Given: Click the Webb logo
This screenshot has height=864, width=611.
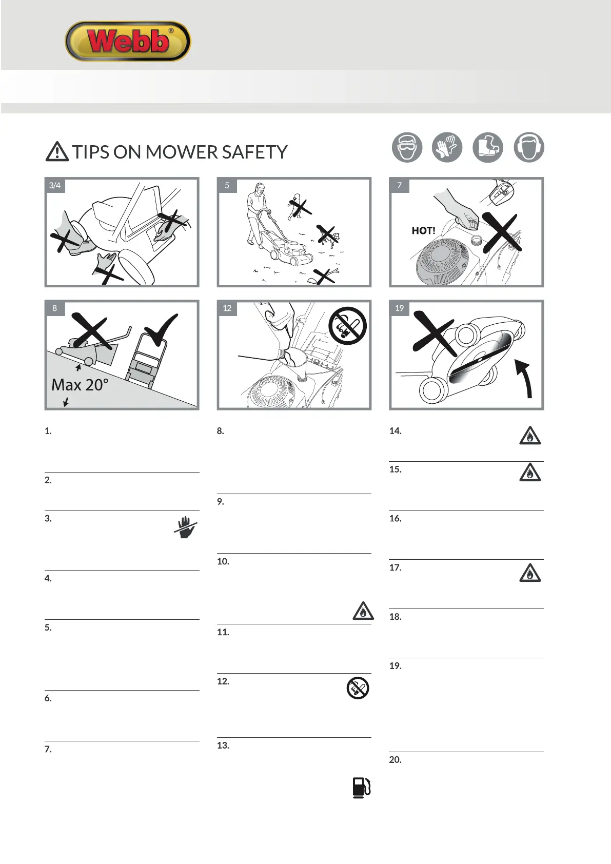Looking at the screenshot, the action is click(x=128, y=41).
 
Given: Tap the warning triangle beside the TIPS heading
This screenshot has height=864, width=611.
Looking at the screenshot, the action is click(x=57, y=151).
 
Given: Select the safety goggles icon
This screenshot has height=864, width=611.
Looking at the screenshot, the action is click(x=407, y=147).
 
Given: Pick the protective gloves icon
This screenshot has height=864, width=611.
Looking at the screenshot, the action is click(x=447, y=147).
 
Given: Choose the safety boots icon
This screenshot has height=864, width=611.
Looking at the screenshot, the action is click(x=487, y=147).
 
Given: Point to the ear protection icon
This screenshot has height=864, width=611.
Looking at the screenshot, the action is click(x=528, y=147).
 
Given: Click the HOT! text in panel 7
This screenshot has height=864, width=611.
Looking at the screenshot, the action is click(x=423, y=231).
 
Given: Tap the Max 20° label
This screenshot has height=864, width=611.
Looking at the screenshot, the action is click(x=80, y=385).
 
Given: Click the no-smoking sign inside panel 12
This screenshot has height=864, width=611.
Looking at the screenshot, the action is click(x=348, y=326).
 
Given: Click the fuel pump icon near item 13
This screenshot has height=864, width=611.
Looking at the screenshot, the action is click(x=361, y=788).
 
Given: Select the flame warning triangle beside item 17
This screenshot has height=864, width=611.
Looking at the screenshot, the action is click(x=530, y=573).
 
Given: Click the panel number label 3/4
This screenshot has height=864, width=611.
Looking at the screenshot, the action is click(x=55, y=185).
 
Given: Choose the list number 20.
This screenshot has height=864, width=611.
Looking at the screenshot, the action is click(x=395, y=760).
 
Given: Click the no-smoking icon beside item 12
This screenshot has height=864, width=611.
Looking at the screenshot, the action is click(x=358, y=688).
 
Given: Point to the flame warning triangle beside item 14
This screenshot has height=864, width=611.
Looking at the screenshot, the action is click(x=530, y=436).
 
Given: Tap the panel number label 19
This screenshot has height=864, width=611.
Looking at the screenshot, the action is click(x=400, y=308).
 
